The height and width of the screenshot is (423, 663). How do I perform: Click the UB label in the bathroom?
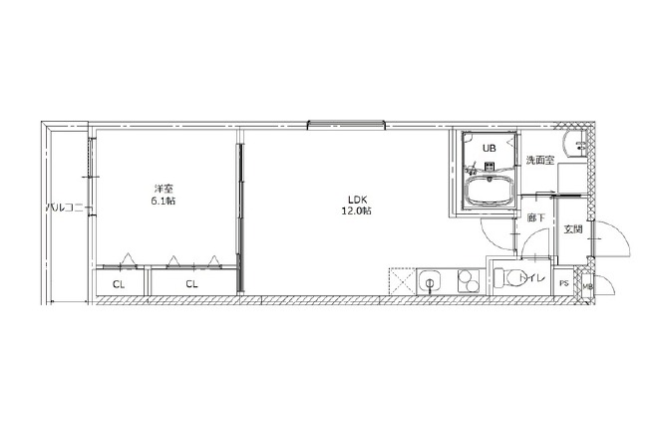[x=490, y=148]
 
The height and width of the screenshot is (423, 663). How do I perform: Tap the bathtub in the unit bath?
[x=490, y=191]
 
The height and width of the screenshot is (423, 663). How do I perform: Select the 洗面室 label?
[x=540, y=161]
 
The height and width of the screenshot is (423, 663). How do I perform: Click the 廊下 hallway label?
[x=535, y=218]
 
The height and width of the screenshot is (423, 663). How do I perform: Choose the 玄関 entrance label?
[x=573, y=229]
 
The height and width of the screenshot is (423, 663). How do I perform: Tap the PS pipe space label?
[x=564, y=284]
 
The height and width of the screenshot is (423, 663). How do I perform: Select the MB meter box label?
[x=587, y=286]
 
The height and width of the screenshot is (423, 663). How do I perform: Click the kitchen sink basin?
[x=429, y=281]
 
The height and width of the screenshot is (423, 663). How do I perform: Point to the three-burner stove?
[x=468, y=281]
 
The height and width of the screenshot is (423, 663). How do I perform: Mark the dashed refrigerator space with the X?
[x=402, y=281]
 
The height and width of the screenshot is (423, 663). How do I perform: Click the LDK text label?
[x=357, y=200]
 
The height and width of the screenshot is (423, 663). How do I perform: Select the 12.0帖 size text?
[x=357, y=211]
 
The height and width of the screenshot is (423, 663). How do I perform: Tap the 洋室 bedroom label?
[x=164, y=190]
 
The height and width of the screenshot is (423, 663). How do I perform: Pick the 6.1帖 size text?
[x=164, y=201]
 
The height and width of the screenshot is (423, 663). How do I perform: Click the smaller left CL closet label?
[x=119, y=284]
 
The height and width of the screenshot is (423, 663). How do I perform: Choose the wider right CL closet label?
[x=191, y=284]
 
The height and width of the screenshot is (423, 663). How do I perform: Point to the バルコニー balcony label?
[x=69, y=209]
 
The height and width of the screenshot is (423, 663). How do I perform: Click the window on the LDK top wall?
[x=347, y=125]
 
